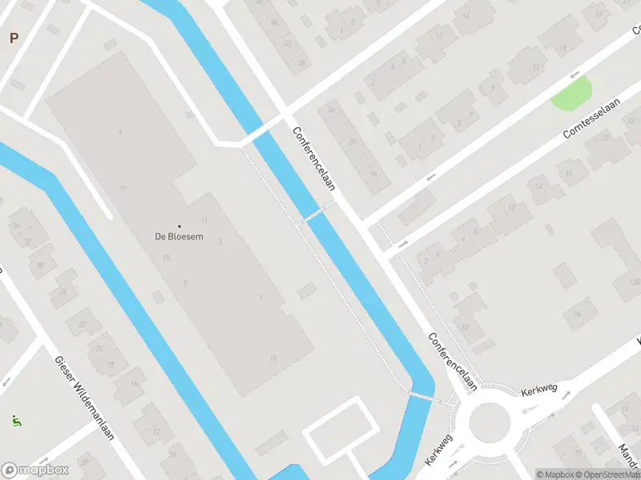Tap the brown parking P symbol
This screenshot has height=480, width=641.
point(14,38)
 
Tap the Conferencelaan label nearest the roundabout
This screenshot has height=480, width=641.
point(452,362)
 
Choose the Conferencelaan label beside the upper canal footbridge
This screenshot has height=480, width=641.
point(313,158)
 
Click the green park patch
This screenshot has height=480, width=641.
point(572,94)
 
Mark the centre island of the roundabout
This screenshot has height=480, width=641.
point(489,422)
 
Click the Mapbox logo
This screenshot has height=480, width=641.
point(34,470)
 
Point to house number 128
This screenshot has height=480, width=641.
point(635,282)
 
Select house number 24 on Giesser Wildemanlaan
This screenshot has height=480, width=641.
point(62,291)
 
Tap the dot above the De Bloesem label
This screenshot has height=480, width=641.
point(179,226)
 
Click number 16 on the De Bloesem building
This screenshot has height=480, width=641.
point(273,358)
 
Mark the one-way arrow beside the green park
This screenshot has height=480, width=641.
point(574,74)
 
